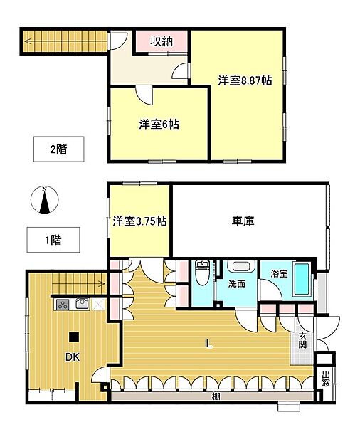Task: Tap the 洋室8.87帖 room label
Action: tap(244, 81)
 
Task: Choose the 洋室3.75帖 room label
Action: tap(140, 221)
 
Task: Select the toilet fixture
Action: tap(203, 272)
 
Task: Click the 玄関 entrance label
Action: tap(303, 340)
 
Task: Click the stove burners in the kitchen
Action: tap(62, 305)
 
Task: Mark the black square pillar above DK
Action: tap(73, 337)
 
